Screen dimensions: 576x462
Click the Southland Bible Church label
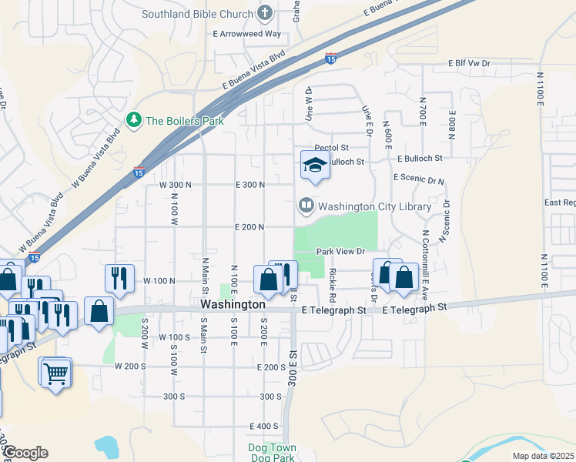[x=198, y=14]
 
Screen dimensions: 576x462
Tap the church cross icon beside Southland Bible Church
[x=266, y=12]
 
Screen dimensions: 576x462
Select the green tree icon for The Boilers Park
[x=135, y=120]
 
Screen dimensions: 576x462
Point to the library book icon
[x=306, y=206]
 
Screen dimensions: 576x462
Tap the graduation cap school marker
[x=314, y=165]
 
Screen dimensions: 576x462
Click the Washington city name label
[x=228, y=305]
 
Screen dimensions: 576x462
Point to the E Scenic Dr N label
[x=419, y=178]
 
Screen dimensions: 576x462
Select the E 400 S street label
[x=264, y=427]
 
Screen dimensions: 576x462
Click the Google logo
[x=25, y=453]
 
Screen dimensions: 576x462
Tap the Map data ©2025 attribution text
[x=543, y=456]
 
